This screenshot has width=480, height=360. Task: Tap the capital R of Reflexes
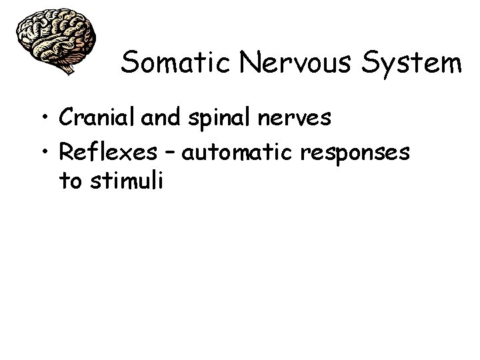[66, 151]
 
